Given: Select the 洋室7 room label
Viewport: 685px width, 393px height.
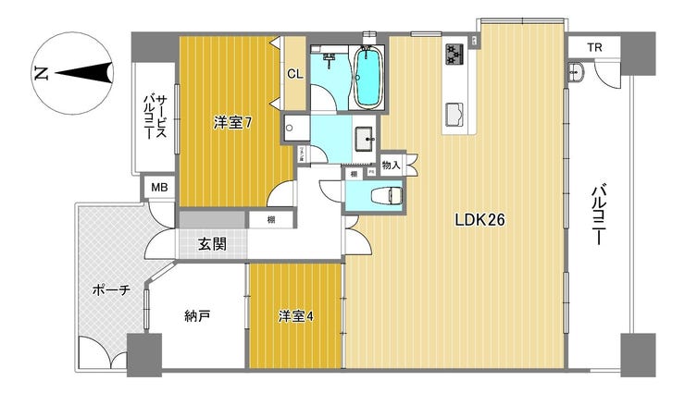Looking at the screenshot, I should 233,122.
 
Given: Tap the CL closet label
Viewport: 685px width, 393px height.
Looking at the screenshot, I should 294,74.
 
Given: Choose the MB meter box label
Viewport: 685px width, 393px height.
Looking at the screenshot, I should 159,188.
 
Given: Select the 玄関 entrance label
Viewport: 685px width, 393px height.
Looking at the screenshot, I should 212,245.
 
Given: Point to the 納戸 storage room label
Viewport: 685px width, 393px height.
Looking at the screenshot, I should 196,317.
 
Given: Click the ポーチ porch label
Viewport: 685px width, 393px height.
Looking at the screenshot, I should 111,290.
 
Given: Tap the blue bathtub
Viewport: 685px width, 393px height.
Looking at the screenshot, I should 368,77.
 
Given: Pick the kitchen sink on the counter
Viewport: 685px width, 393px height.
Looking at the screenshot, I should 455,114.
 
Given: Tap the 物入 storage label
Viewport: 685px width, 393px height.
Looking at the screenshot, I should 391,166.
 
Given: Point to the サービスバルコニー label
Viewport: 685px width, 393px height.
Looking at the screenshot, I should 155,117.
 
